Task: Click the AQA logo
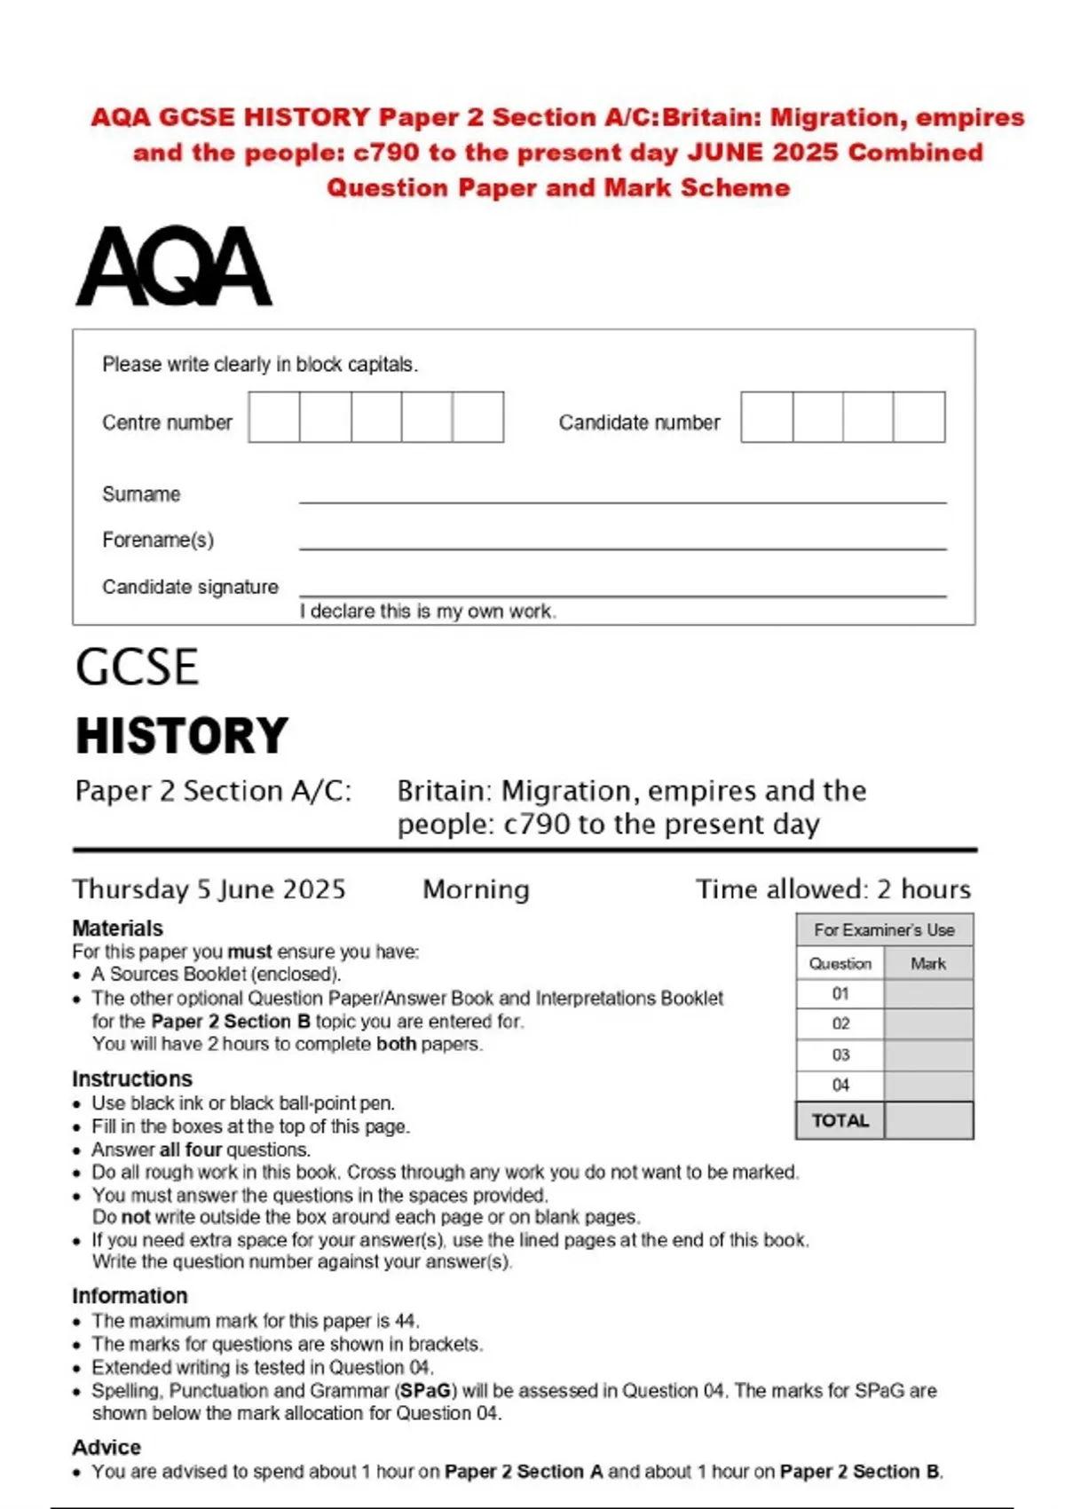coord(174,266)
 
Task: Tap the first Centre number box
coord(274,417)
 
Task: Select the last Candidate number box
coord(919,417)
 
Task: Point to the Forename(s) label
coord(158,540)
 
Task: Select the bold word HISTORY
coord(182,736)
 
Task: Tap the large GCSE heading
coord(137,668)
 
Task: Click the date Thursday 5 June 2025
coord(209,889)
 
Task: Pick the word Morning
coord(476,889)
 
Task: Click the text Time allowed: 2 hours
coord(833,889)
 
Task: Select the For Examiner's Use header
coord(884,930)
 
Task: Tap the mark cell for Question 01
coord(928,994)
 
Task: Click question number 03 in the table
coord(840,1055)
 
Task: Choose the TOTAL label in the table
coord(840,1120)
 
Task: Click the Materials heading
coord(118,928)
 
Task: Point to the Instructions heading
coord(132,1078)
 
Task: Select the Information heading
coord(130,1296)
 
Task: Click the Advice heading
coord(106,1448)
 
